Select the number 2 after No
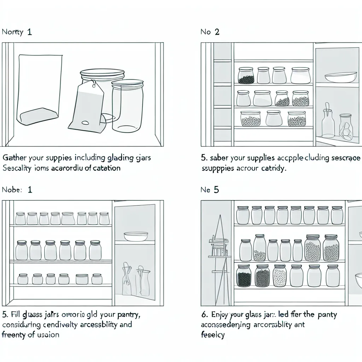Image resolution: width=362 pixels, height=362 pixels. [x=216, y=32]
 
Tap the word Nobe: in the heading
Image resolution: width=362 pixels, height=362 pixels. [x=12, y=189]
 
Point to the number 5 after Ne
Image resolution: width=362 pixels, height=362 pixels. [x=216, y=190]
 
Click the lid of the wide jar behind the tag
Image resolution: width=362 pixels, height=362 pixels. [x=102, y=74]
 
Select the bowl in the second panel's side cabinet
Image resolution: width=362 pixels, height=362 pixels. [x=336, y=77]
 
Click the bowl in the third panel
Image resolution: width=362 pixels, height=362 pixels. [x=136, y=236]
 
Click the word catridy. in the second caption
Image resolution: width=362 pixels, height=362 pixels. [x=274, y=168]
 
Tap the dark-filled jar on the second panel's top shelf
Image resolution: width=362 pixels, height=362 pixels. [x=246, y=76]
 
